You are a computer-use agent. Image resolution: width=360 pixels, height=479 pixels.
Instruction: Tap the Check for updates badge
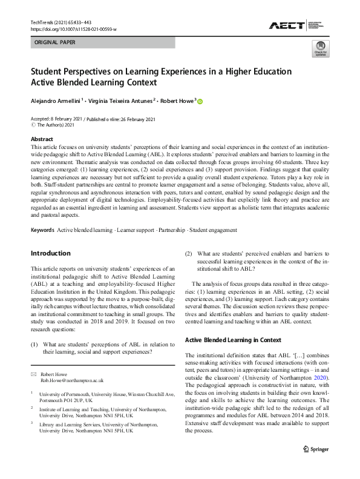320,50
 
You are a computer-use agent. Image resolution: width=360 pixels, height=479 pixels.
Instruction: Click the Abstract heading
42,139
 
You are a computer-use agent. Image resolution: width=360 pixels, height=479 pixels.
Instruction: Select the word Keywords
42,230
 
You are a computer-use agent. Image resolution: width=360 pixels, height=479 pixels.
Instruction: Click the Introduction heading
50,253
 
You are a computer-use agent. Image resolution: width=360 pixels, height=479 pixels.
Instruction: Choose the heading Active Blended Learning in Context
234,340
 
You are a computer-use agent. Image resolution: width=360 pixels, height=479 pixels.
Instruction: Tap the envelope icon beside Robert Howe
34,375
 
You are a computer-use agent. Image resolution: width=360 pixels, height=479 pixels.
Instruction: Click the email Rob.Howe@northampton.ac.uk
72,381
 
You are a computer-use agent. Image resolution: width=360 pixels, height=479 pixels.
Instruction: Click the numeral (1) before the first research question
35,345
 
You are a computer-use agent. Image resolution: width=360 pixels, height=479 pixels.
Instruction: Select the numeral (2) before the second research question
189,253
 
